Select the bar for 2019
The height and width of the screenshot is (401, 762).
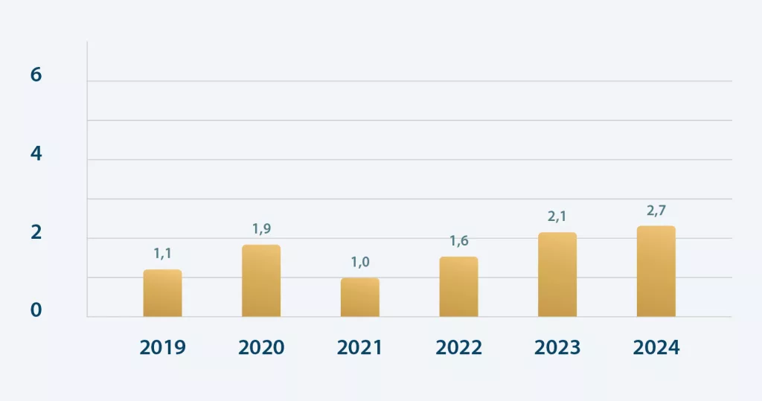coord(162,293)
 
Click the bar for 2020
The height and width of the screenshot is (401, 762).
coord(261,281)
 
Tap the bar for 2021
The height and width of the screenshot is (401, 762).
coord(360,298)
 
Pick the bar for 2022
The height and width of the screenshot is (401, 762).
coord(458,287)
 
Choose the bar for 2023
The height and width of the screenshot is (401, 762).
coord(557,275)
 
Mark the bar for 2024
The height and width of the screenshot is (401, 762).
coord(656,272)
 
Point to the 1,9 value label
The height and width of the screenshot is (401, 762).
coord(262,229)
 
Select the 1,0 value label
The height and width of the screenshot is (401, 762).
coord(360,262)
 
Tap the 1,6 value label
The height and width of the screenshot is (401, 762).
coord(459,241)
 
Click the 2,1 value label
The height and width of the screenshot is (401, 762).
coord(557,216)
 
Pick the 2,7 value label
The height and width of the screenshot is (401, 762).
coord(656,211)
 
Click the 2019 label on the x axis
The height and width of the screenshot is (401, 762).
coord(162,347)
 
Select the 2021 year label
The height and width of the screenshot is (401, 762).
coord(360,347)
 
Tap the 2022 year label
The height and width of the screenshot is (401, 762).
coord(458,347)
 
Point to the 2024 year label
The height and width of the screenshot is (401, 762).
coord(656,347)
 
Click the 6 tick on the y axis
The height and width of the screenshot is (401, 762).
coord(36,75)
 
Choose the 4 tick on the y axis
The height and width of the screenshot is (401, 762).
coord(36,154)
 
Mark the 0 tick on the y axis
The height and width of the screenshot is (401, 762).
coord(36,310)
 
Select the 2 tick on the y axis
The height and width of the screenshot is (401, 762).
coord(36,233)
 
